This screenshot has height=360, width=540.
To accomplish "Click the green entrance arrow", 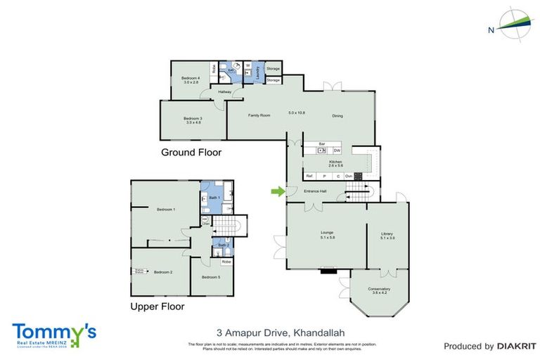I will (278, 191).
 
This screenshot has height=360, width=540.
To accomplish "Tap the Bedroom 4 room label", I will (191, 78).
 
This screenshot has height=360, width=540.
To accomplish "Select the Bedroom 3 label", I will (193, 120).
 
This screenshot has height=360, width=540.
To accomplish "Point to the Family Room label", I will (259, 115).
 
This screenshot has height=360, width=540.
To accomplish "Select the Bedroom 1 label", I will (166, 210).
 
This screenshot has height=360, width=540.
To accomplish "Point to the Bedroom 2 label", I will (163, 271).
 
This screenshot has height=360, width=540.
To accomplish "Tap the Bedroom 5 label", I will (211, 277).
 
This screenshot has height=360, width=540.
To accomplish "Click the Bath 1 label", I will (215, 198).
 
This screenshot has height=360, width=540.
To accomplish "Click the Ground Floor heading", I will (191, 152).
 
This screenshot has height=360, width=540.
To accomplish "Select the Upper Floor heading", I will (157, 307).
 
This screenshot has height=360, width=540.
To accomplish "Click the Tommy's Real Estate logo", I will (53, 334).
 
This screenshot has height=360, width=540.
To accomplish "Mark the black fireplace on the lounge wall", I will (327, 271).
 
